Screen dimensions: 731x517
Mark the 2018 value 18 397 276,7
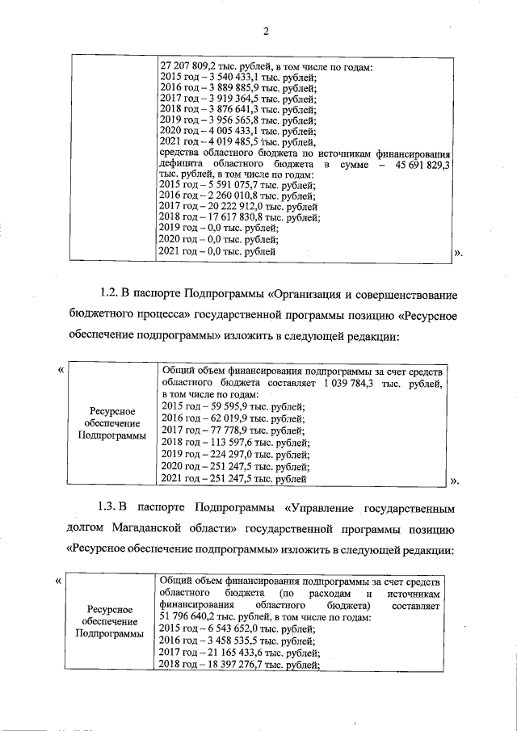point(233,666)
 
